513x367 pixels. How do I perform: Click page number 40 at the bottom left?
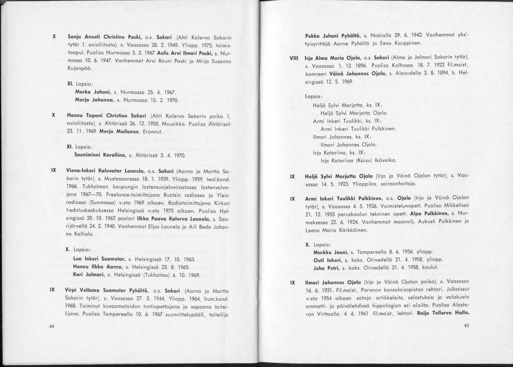[x=51, y=327]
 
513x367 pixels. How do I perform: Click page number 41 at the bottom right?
[x=467, y=326]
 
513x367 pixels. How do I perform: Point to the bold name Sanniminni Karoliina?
[x=99, y=155]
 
